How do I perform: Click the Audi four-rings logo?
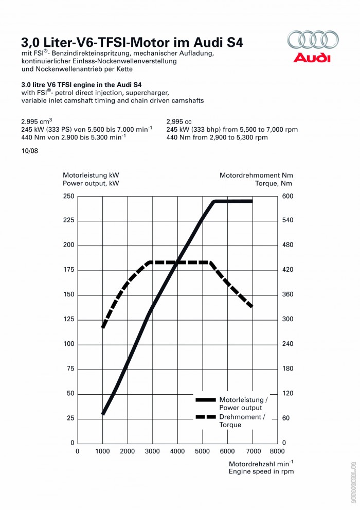point(313,40)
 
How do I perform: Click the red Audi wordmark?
point(312,57)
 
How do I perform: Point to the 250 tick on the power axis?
point(68,196)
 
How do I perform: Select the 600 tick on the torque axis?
point(287,196)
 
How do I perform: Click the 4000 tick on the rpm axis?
point(177,451)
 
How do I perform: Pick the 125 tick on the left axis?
point(68,320)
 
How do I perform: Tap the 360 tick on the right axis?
point(287,295)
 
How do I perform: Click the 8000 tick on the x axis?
point(277,451)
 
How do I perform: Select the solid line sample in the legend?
point(205,399)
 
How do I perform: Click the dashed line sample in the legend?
point(205,417)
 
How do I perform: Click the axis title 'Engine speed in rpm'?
point(261,471)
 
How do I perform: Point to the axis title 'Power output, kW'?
point(91,183)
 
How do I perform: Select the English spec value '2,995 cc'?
point(181,122)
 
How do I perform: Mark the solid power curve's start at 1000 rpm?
point(103,413)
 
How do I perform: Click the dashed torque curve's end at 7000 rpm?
point(251,307)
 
